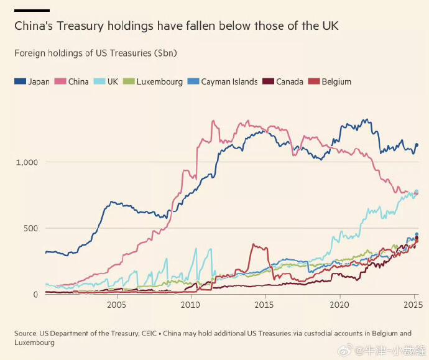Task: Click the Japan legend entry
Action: click(32, 81)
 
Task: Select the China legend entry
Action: click(72, 81)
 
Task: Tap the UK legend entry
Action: click(107, 81)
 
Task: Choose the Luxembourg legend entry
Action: click(154, 81)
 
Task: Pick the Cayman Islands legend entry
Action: click(223, 81)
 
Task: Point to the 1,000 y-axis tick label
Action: click(26, 162)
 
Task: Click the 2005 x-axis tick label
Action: click(116, 305)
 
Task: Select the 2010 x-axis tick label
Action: click(190, 305)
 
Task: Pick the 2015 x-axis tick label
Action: click(265, 305)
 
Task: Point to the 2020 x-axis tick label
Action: click(339, 305)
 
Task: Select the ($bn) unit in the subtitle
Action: click(165, 53)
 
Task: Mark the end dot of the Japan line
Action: click(417, 145)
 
